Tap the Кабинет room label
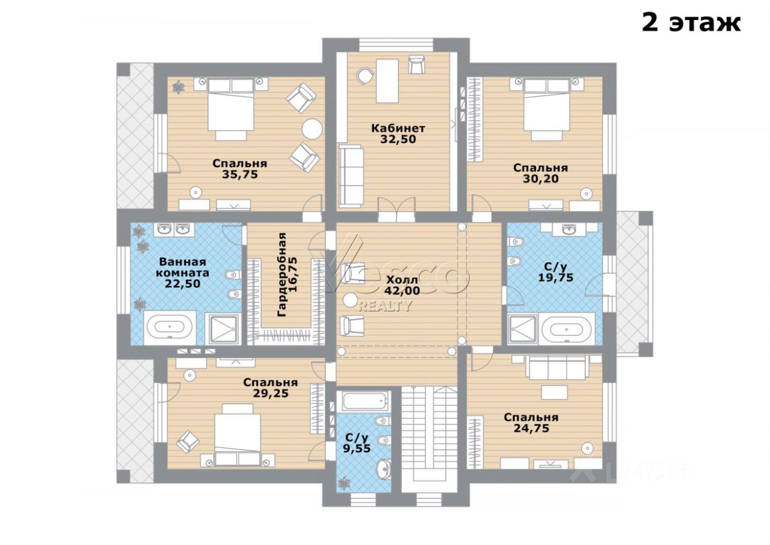click(x=398, y=128)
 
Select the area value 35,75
click(x=240, y=175)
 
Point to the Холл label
click(x=402, y=279)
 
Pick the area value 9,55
click(x=357, y=448)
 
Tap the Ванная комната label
click(x=182, y=267)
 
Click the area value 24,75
click(x=531, y=428)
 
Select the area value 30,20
click(x=540, y=179)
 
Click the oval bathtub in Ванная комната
click(x=170, y=327)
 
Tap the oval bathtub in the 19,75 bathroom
click(x=567, y=329)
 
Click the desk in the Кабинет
click(x=387, y=81)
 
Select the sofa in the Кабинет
click(x=351, y=176)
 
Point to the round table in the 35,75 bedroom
click(x=312, y=129)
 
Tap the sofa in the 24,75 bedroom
click(x=557, y=367)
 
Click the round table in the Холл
click(x=351, y=300)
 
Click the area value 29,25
click(x=271, y=393)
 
